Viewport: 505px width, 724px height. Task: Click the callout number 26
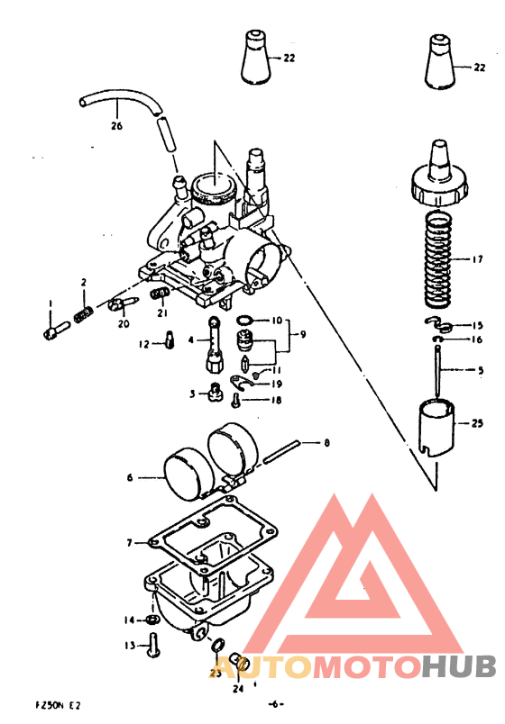[x=116, y=125]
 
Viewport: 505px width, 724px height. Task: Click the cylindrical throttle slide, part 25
[x=437, y=429]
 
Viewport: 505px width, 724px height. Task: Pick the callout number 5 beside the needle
[x=480, y=370]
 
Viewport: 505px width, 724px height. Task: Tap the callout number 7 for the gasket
[x=130, y=543]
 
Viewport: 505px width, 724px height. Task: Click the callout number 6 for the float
[x=130, y=478]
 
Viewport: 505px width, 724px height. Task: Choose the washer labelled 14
[x=153, y=620]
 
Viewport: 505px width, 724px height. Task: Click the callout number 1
[x=50, y=303]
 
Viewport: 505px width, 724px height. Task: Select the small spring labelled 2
[x=83, y=314]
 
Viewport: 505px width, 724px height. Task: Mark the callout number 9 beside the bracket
[x=303, y=334]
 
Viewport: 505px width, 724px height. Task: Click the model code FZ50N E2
[x=62, y=705]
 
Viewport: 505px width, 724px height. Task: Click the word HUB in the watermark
[x=460, y=666]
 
